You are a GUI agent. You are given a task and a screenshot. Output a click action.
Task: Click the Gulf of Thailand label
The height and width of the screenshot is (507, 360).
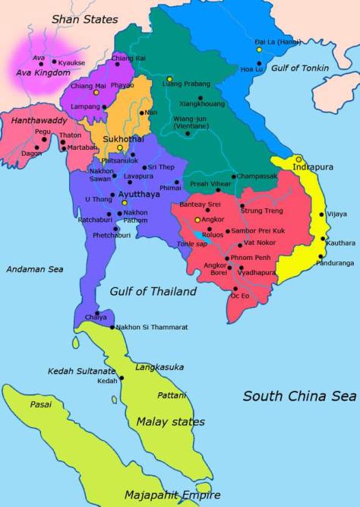coord(153,291)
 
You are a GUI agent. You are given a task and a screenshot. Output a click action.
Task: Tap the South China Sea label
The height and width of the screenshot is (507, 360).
coord(299,396)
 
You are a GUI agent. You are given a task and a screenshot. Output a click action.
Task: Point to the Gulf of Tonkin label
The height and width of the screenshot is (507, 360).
coord(302,68)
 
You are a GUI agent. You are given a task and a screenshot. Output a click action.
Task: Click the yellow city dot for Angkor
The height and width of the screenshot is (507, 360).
coord(197,220)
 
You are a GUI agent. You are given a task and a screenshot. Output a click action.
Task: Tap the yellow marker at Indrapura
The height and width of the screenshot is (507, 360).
coord(298,159)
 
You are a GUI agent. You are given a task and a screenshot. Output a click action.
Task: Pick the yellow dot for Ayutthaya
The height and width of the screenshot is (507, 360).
coord(125,204)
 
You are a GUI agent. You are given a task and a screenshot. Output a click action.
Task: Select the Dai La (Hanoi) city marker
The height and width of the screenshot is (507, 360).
coord(259,49)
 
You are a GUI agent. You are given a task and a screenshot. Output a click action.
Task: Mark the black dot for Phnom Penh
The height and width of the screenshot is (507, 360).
coord(226,258)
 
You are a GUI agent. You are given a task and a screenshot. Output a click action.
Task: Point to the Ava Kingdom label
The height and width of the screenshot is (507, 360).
coord(43,72)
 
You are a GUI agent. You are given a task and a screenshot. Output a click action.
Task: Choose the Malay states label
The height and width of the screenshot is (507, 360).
coord(170,421)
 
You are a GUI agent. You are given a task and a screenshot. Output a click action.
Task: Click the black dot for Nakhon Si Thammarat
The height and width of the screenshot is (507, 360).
coord(112,327)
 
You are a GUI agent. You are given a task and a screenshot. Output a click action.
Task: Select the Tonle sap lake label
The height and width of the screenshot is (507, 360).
coord(191,243)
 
